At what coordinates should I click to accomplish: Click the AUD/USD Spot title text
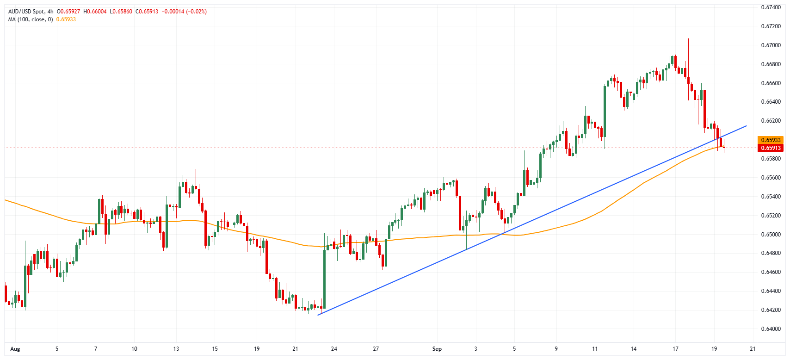[x=26, y=12]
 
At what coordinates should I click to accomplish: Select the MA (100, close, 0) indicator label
[x=31, y=19]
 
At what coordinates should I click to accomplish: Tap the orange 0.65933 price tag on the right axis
[x=770, y=140]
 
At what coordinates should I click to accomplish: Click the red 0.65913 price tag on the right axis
[x=770, y=148]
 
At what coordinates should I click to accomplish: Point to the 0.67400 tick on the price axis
[x=771, y=7]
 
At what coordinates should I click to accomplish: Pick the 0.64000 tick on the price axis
[x=771, y=329]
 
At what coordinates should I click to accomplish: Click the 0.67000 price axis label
[x=771, y=45]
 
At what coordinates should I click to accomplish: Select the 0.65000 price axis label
[x=771, y=235]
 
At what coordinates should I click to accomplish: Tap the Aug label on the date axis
[x=15, y=349]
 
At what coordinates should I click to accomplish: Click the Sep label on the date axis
[x=437, y=349]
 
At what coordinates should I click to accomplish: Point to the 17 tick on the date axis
[x=675, y=349]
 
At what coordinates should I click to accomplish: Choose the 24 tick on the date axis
[x=334, y=349]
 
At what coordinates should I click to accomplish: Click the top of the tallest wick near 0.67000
[x=688, y=39]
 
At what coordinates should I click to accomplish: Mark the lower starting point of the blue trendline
[x=318, y=315]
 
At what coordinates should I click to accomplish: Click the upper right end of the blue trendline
[x=746, y=125]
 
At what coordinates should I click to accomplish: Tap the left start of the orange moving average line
[x=5, y=200]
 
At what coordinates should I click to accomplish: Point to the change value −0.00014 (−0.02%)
[x=184, y=12]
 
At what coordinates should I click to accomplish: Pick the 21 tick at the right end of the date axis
[x=753, y=349]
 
